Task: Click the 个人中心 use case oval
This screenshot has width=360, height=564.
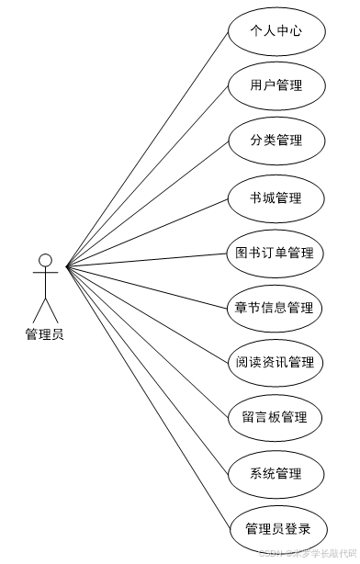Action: click(276, 31)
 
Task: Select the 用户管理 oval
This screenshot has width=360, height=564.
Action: click(276, 86)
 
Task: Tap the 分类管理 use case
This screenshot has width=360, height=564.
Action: click(276, 141)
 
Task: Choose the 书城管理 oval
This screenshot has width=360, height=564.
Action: click(276, 197)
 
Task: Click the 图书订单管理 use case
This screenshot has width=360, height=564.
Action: click(276, 253)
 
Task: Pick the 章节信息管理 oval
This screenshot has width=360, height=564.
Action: click(276, 308)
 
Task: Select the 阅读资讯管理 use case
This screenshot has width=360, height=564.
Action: click(276, 362)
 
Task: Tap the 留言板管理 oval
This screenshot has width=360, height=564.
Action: click(276, 418)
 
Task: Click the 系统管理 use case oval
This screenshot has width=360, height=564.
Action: click(276, 474)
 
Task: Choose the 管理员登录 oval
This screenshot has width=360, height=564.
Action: click(276, 529)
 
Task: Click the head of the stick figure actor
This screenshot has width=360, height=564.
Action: click(45, 260)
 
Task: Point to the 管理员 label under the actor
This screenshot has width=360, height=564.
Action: click(45, 334)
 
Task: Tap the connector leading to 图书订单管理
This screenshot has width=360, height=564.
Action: click(147, 260)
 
